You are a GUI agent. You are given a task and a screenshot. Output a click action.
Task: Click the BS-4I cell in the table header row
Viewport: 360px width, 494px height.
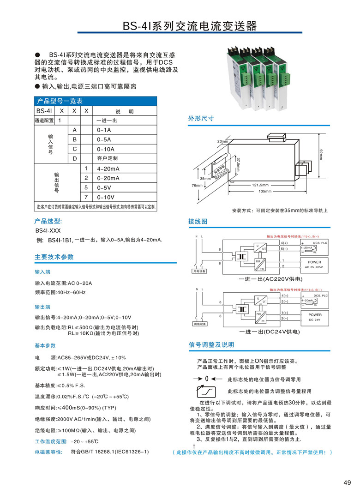click(44, 111)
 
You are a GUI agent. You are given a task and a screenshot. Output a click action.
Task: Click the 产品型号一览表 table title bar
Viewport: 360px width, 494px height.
click(96, 101)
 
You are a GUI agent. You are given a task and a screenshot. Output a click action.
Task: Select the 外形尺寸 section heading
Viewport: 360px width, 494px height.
click(201, 118)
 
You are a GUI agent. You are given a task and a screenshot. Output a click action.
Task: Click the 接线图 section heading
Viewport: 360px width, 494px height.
click(198, 222)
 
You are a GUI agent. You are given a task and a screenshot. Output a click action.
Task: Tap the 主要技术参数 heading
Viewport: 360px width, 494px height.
click(54, 257)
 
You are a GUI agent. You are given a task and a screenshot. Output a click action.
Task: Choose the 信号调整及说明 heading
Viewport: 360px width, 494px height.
click(211, 345)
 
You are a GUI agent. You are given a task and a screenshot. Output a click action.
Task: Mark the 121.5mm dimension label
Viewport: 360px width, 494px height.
click(260, 185)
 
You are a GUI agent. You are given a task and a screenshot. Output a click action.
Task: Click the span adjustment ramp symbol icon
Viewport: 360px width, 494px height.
click(206, 392)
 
